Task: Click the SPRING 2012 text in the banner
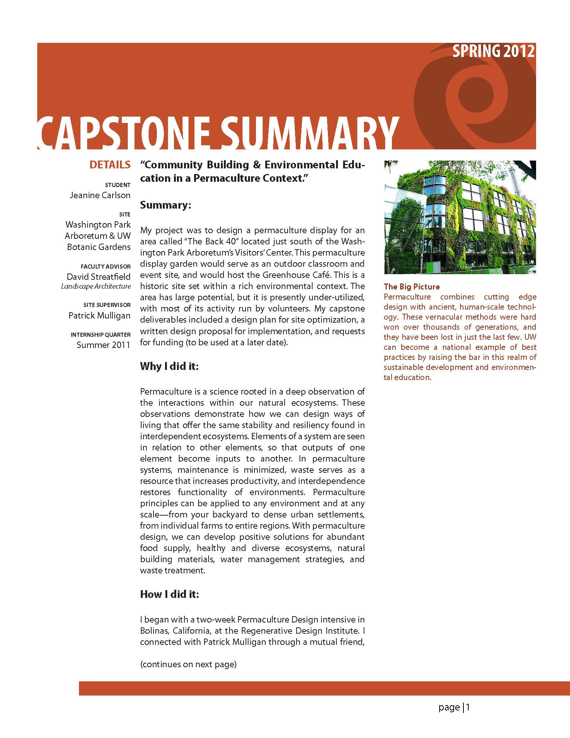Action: pyautogui.click(x=493, y=51)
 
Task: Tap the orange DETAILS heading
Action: pyautogui.click(x=110, y=165)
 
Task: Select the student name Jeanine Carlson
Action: pyautogui.click(x=100, y=195)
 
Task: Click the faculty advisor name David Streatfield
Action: pyautogui.click(x=98, y=276)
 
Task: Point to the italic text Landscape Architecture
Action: pyautogui.click(x=96, y=286)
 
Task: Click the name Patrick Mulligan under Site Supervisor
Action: pyautogui.click(x=99, y=316)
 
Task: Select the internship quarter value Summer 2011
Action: pyautogui.click(x=103, y=345)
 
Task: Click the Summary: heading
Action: pyautogui.click(x=165, y=205)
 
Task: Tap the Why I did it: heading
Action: pyautogui.click(x=169, y=366)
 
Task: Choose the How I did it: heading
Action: pyautogui.click(x=170, y=594)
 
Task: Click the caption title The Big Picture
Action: pyautogui.click(x=411, y=286)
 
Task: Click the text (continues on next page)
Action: pyautogui.click(x=188, y=664)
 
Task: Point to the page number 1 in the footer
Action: pyautogui.click(x=468, y=707)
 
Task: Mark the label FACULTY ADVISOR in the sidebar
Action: pyautogui.click(x=105, y=267)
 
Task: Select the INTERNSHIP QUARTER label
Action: pyautogui.click(x=101, y=335)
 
